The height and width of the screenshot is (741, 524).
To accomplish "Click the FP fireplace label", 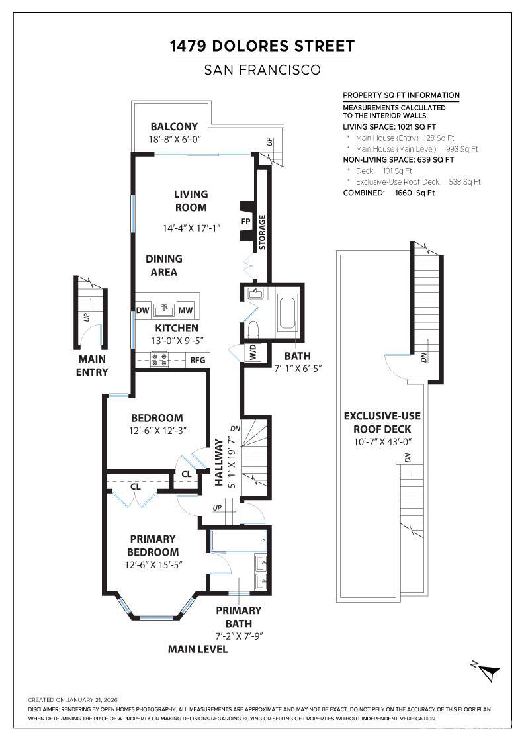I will coord(245,221).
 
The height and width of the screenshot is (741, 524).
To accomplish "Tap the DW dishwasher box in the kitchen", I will coord(142,310).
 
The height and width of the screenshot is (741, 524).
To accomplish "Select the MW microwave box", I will coord(186,310).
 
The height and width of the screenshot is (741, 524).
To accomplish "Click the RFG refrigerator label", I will coord(197,360).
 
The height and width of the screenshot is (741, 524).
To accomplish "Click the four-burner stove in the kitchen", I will coord(159,359).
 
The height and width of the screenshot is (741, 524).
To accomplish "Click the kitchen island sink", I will coord(163,310).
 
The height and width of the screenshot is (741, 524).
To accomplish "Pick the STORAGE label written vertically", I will coord(262,232).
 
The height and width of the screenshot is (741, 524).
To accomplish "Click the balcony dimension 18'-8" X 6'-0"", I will coord(175,140).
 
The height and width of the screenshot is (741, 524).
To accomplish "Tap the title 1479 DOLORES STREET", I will coord(262,46).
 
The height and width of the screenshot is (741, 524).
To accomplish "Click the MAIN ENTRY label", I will coord(92,365).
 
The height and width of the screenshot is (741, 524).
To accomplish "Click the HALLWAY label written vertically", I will coord(218,462).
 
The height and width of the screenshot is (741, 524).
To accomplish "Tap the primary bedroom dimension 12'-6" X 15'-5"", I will coord(153,565).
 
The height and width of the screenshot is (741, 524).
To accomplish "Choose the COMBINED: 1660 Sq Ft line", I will coord(388,193).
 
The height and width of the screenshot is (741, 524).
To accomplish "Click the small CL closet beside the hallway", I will coord(186,474).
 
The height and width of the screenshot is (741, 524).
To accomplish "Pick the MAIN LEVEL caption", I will coord(197,649).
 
